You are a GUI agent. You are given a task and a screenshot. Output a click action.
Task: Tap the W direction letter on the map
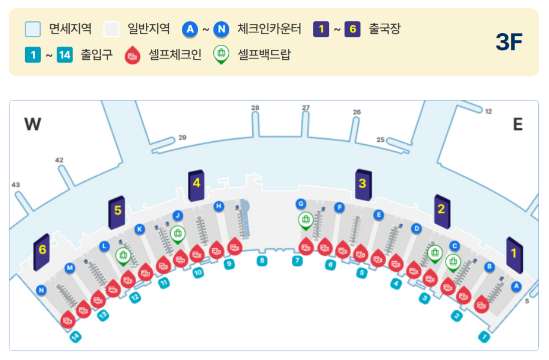click(x=34, y=124)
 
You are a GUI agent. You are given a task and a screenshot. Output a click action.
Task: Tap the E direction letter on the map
click(x=517, y=124)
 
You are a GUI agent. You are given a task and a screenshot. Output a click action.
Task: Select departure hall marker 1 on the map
click(x=514, y=254)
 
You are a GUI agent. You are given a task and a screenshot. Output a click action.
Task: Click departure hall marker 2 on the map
click(x=441, y=209)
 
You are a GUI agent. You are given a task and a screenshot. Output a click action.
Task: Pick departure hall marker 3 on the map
click(x=361, y=184)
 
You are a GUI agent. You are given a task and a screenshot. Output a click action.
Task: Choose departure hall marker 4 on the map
click(x=196, y=184)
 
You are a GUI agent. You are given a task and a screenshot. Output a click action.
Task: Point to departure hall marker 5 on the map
click(x=117, y=211)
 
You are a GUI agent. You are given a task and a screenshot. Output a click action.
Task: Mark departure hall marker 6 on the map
click(x=42, y=251)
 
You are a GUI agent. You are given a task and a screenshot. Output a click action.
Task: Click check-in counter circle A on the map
click(x=516, y=285)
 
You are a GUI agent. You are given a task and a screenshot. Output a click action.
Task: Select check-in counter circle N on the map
click(x=41, y=291)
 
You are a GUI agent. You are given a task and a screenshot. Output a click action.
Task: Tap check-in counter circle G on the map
click(x=300, y=204)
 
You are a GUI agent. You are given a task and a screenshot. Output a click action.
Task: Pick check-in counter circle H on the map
click(x=218, y=206)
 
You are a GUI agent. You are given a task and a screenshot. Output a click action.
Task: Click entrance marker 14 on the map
click(x=75, y=337)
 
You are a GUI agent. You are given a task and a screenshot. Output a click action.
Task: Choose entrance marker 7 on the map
click(x=297, y=261)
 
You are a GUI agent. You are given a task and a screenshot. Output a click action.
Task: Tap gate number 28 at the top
click(x=255, y=108)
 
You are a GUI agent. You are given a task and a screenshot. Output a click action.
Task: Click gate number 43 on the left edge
click(x=15, y=184)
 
